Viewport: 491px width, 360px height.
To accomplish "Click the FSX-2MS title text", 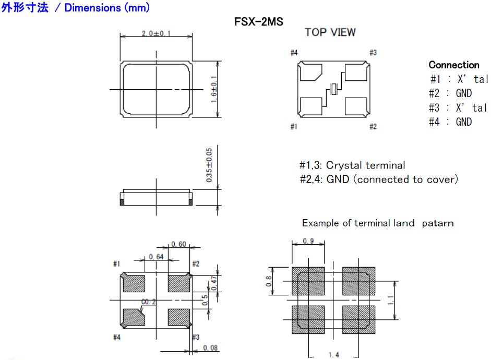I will click(259, 22).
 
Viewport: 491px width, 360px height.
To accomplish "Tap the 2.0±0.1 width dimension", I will click(156, 34).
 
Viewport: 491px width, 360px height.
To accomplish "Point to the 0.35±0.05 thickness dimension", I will click(209, 165).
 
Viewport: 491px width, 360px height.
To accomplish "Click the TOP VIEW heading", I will click(330, 32).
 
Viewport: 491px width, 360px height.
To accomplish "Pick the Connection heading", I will click(453, 65).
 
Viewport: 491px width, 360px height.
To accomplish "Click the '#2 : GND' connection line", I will click(450, 93).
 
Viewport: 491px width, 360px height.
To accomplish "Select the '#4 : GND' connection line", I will click(450, 122).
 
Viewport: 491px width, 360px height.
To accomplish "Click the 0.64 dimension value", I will click(156, 257).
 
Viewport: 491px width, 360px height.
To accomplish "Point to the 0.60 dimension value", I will click(179, 244).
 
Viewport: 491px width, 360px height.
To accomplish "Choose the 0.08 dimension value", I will click(210, 348).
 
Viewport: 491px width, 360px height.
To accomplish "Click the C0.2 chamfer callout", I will click(149, 302).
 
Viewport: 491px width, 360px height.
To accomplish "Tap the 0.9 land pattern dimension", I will click(308, 242).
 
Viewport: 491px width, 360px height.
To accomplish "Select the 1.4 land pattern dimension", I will click(333, 355).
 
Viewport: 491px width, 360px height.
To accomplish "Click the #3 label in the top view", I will click(373, 53).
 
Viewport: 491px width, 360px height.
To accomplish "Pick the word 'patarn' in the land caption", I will click(438, 223).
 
